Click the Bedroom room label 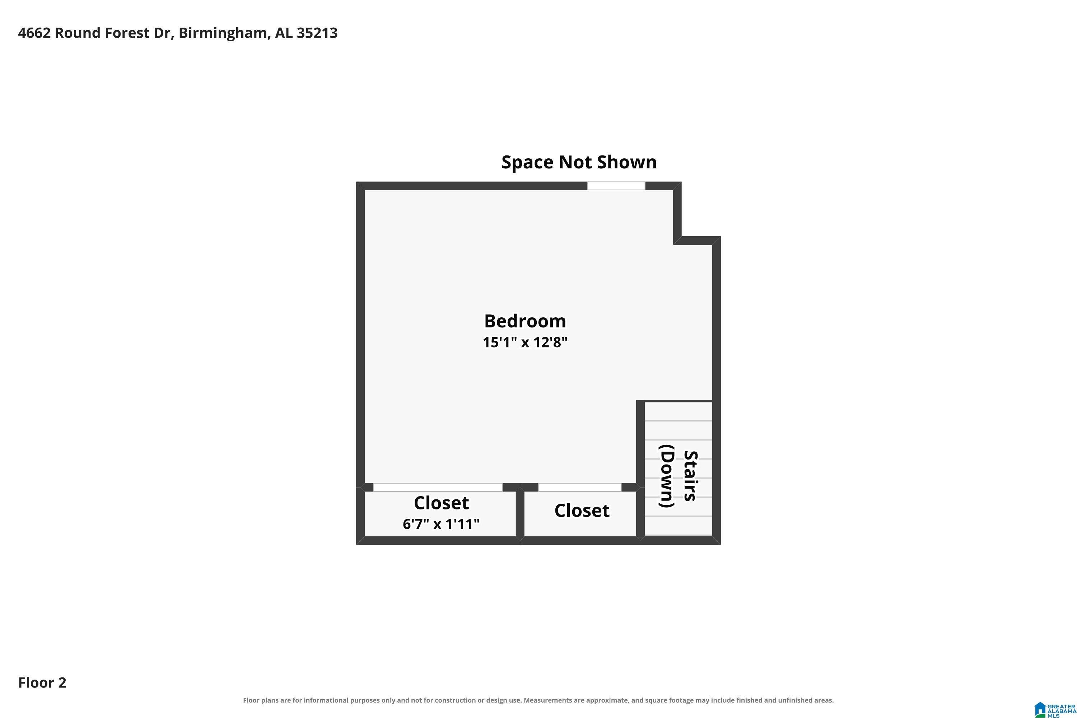point(525,321)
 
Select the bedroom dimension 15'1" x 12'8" point(525,342)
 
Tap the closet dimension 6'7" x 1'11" point(441,523)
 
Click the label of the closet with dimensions point(441,503)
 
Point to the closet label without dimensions point(582,510)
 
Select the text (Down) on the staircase point(666,476)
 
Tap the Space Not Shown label point(579,162)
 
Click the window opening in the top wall point(616,186)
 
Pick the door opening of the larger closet point(438,487)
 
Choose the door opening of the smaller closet point(579,487)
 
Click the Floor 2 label point(42,683)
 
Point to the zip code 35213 point(317,33)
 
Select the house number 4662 point(34,33)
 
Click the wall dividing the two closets point(520,513)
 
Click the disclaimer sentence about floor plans point(538,700)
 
